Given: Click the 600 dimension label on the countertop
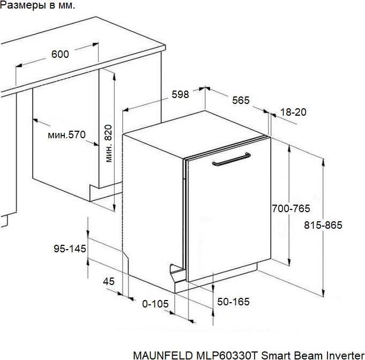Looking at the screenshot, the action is (x=60, y=54).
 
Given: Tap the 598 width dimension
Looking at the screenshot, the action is (x=180, y=94).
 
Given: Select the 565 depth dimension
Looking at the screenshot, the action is (x=241, y=100).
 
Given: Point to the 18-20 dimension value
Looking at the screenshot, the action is (x=293, y=112).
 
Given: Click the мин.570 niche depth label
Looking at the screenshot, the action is (x=66, y=135).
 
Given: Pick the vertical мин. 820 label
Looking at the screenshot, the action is (x=108, y=144).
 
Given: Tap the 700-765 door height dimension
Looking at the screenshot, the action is (x=291, y=208).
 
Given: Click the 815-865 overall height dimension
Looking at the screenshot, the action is (x=323, y=225).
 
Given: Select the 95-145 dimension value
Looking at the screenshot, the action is (x=70, y=249).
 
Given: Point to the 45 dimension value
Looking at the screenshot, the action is (x=109, y=282).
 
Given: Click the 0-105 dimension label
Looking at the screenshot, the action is (x=155, y=304).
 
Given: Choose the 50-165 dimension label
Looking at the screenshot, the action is (x=233, y=302).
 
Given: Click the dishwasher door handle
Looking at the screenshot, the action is (x=232, y=159).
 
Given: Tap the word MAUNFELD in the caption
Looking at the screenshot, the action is (x=163, y=356).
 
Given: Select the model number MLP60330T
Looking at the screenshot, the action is (x=227, y=356).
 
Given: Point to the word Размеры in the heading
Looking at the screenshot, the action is (x=23, y=5).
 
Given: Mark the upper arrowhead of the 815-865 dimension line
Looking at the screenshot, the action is (x=323, y=162).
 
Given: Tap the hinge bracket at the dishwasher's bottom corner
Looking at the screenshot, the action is (x=177, y=272).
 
